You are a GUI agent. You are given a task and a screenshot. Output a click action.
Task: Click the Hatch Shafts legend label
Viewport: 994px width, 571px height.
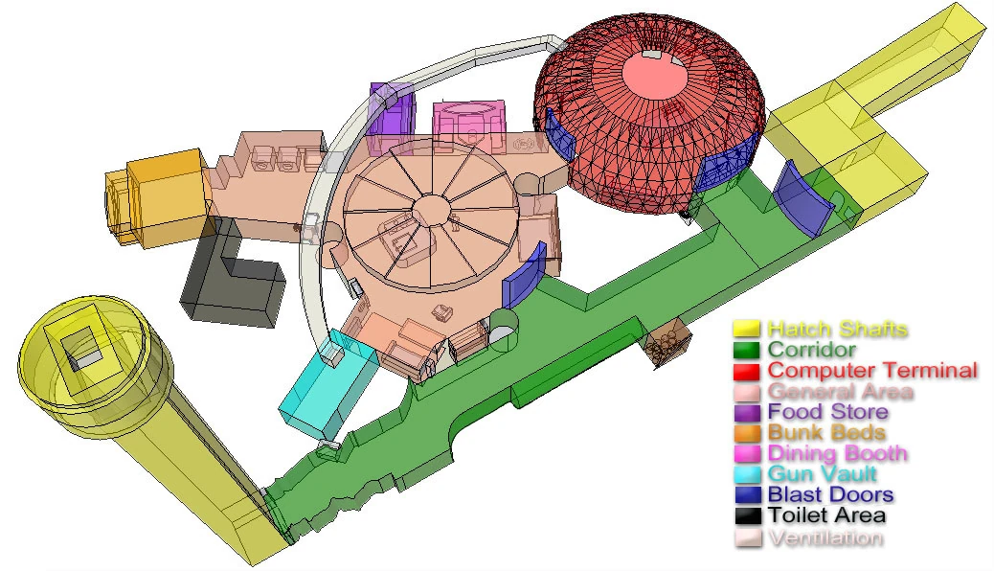click(837, 330)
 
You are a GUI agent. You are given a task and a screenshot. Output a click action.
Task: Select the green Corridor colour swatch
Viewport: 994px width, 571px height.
click(747, 350)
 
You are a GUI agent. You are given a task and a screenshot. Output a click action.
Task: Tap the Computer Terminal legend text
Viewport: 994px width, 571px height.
click(872, 371)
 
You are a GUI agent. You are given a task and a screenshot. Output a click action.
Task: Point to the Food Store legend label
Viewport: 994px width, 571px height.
click(827, 412)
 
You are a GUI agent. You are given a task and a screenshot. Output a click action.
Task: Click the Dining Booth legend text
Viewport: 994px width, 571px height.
click(837, 454)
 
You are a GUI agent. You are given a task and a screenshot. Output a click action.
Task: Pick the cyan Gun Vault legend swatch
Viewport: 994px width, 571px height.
click(747, 474)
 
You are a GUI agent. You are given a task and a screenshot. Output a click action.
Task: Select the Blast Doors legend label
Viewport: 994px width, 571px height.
click(830, 495)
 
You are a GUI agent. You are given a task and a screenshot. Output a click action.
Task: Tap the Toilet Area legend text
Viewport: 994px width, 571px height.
click(826, 516)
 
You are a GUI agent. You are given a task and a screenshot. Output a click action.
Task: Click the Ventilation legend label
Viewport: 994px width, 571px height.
click(825, 538)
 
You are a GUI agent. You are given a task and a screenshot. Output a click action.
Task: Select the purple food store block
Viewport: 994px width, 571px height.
click(391, 110)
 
